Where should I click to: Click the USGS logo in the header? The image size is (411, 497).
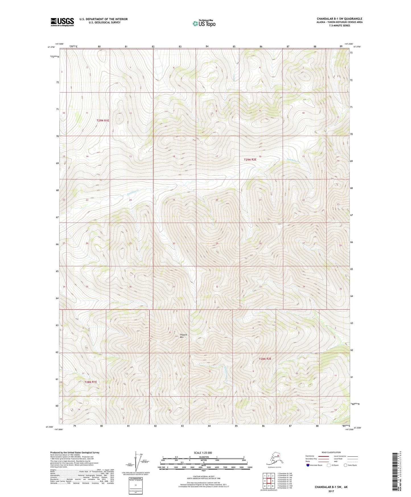tap(62, 22)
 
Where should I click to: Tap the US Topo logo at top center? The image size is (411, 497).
tap(204, 23)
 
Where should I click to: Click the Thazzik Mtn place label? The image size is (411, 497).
tap(183, 336)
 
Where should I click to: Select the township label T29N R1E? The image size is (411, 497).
tap(103, 120)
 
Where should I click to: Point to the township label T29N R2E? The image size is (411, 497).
tap(250, 160)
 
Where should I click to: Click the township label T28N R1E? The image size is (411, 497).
tap(90, 382)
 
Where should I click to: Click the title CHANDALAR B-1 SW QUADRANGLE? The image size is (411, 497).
tap(339, 19)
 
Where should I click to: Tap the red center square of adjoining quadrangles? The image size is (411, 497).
tap(269, 481)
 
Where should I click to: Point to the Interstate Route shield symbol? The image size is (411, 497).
tap(308, 465)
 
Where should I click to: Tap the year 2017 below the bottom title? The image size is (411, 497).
tap(331, 491)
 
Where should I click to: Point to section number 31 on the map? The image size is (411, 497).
tap(174, 287)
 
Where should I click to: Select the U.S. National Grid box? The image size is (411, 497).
tap(135, 485)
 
